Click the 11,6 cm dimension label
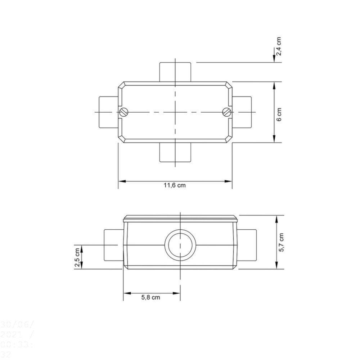[x=175, y=186]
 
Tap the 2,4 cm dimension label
[x=279, y=46]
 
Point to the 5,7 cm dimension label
[x=281, y=242]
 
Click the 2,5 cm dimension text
[x=77, y=257]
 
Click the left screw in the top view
[x=123, y=112]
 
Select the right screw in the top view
[x=227, y=112]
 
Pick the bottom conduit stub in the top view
[x=175, y=152]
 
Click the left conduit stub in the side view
[x=113, y=245]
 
